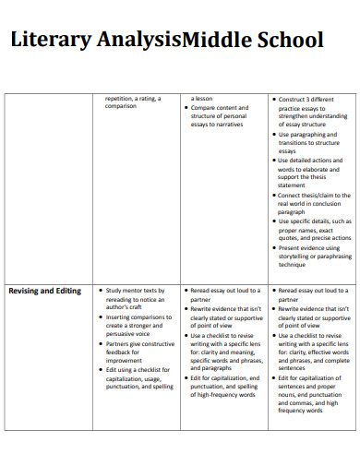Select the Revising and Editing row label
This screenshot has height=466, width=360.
click(x=44, y=291)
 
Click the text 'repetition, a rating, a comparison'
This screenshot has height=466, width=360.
click(x=134, y=102)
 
